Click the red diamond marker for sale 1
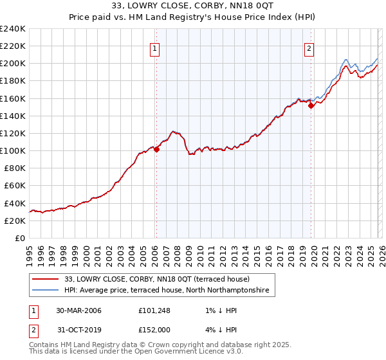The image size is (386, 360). (x=156, y=150)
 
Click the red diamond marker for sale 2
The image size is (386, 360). (x=311, y=106)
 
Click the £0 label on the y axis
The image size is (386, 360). (x=20, y=238)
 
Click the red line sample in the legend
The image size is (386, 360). (x=46, y=280)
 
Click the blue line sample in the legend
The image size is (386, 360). (x=46, y=291)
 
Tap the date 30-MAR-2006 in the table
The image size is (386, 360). (x=78, y=310)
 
